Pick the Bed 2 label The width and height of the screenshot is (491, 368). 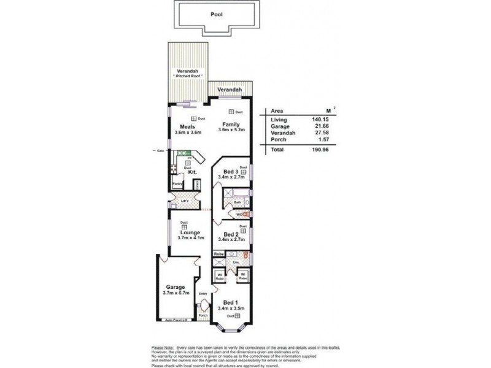click(231, 234)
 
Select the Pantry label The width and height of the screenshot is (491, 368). click(177, 183)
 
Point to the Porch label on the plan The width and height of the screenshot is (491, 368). click(203, 315)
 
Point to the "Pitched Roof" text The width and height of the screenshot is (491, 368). click(188, 75)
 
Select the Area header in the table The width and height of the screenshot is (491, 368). click(276, 110)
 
